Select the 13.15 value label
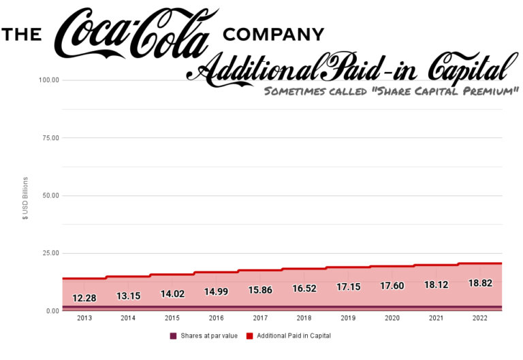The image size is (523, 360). pos(127,296)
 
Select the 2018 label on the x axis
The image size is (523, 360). pos(303,318)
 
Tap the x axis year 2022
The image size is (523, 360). pos(479,318)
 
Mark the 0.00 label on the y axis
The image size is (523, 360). pos(52,311)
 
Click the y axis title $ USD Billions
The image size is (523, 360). pos(26,198)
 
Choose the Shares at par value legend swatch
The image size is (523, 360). pos(173,336)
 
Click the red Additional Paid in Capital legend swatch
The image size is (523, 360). pos(249,336)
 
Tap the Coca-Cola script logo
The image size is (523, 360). pos(136,34)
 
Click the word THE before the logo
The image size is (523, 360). pos(22,34)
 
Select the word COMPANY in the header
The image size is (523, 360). pos(273,34)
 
